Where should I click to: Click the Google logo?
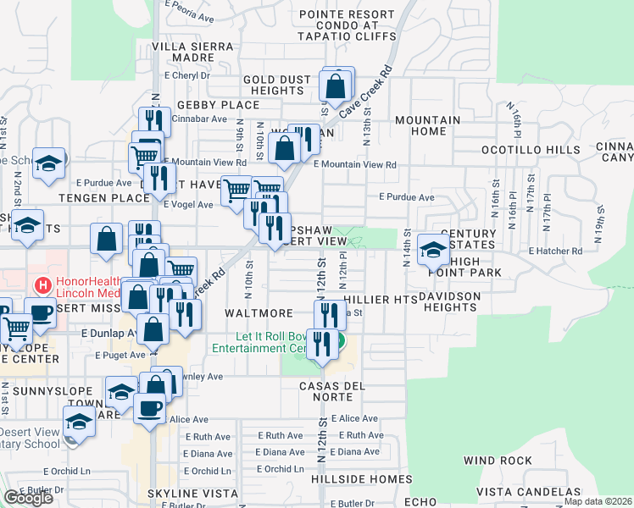click(x=28, y=498)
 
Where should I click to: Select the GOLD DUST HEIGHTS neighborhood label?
click(x=278, y=85)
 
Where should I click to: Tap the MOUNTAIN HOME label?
click(x=427, y=125)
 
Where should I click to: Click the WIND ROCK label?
click(x=498, y=461)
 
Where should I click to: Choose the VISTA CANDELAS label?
click(x=523, y=492)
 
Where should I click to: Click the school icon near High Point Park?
click(x=433, y=250)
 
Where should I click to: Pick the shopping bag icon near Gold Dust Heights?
click(x=336, y=86)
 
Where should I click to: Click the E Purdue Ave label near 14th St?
click(x=407, y=196)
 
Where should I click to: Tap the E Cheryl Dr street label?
click(x=189, y=75)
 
